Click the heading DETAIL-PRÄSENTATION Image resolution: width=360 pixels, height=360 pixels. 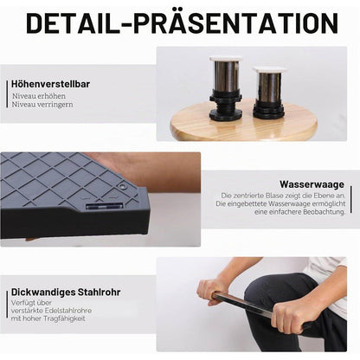183,23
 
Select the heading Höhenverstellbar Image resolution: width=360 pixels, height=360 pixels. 50,84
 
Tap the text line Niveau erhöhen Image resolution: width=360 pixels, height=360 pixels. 39,96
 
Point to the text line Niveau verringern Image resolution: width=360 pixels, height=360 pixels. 42,105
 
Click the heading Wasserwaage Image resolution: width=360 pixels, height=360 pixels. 312,184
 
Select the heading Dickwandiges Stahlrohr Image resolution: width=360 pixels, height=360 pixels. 66,292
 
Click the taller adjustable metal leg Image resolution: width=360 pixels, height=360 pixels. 225,87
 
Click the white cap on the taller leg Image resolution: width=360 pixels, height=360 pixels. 226,58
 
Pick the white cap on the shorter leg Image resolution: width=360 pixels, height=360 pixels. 269,69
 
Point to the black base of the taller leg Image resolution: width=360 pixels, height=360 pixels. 225,105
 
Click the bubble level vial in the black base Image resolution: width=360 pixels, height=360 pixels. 105,206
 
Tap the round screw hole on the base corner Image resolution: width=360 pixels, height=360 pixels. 124,186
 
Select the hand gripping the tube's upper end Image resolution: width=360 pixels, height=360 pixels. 209,291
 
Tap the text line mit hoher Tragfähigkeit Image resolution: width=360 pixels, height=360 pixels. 48,318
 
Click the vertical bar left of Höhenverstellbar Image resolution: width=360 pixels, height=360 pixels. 7,94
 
